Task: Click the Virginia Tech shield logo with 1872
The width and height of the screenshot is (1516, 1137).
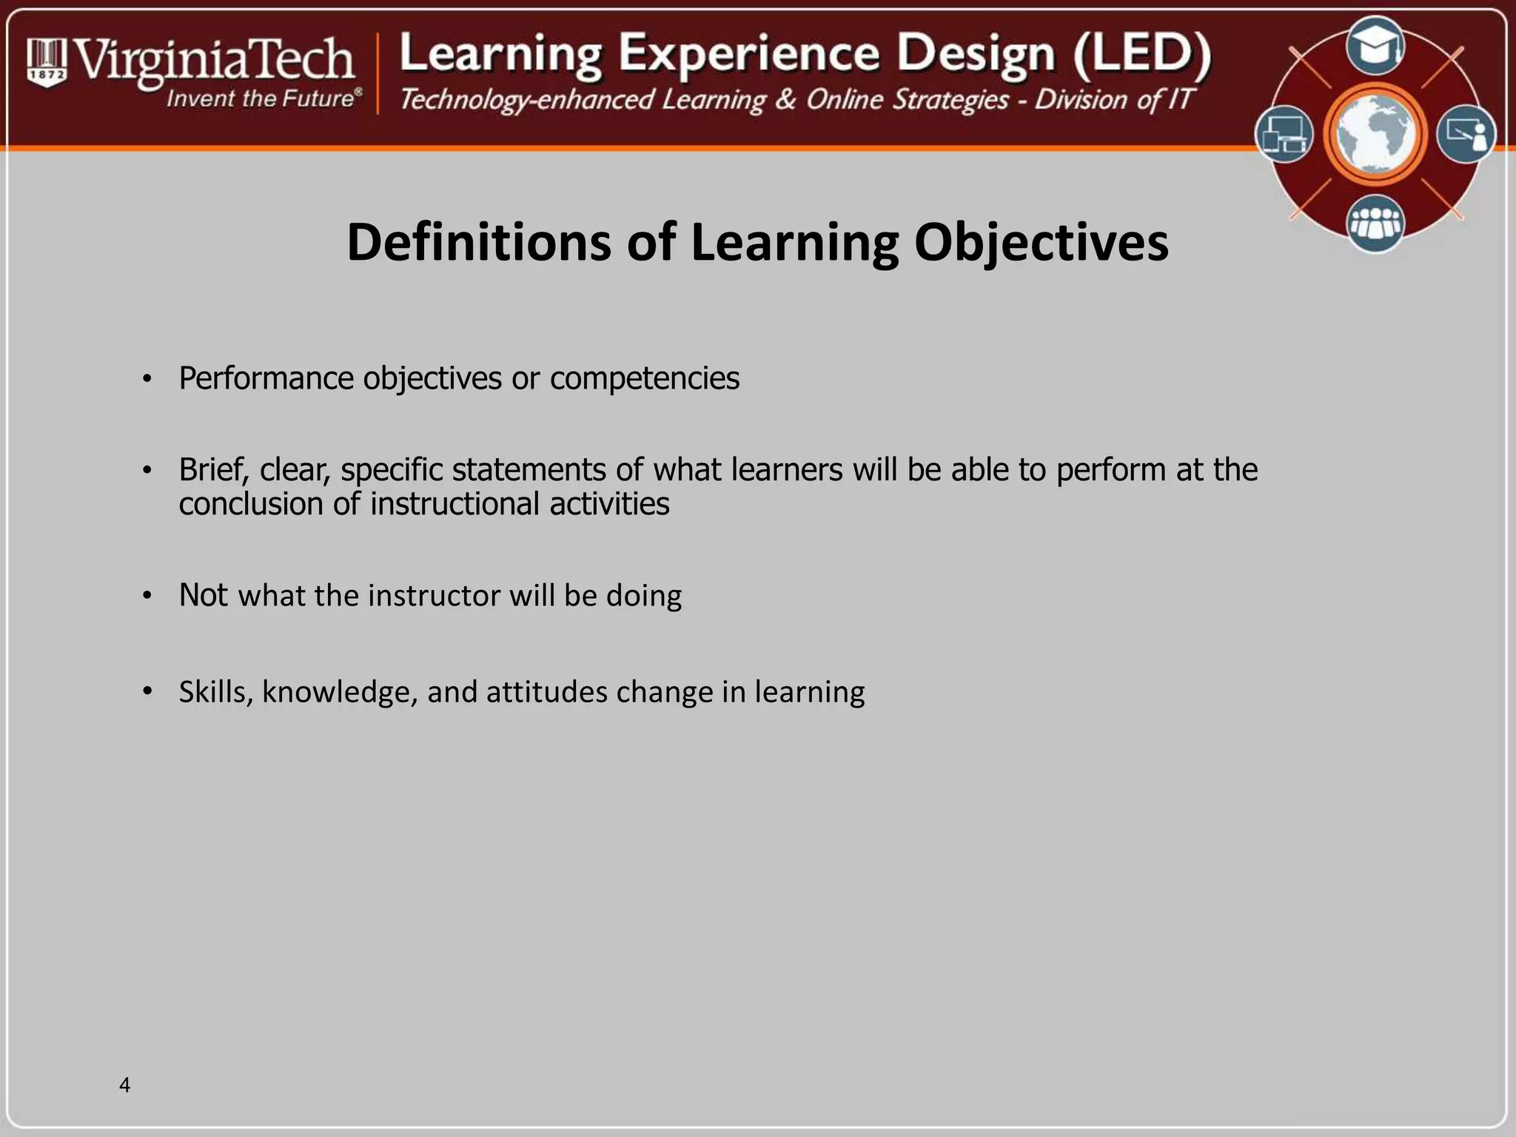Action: pos(47,62)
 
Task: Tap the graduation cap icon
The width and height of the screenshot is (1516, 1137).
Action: pos(1375,47)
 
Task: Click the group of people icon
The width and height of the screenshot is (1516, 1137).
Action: pos(1375,223)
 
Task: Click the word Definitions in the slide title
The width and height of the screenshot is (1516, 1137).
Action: pos(479,242)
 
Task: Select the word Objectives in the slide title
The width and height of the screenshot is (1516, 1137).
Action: pos(1041,242)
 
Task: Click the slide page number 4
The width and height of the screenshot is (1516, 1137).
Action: pos(124,1085)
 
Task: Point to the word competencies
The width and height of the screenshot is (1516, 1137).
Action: pos(644,378)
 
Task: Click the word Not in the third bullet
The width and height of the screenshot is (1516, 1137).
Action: pos(204,595)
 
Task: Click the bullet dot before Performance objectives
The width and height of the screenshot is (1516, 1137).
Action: pos(147,380)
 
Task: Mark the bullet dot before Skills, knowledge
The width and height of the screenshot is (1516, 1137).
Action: pos(147,692)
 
